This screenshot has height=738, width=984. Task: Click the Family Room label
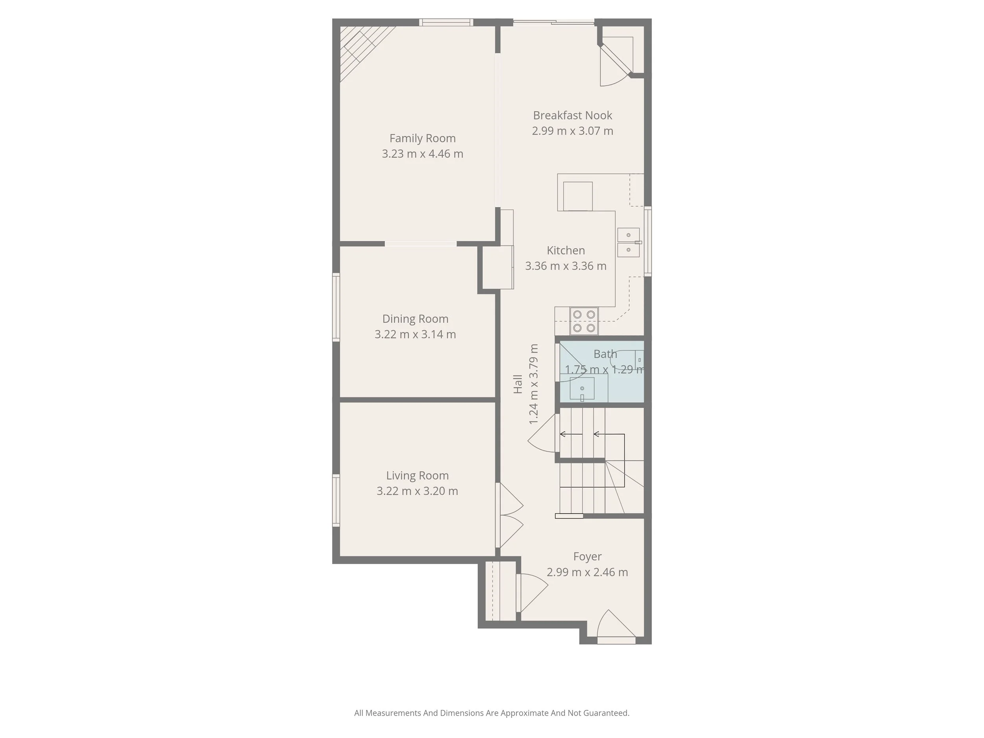[x=422, y=138]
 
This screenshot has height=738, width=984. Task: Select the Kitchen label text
[x=565, y=250]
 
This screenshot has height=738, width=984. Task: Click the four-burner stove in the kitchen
[x=584, y=321]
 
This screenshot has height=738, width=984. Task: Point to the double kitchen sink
[x=628, y=242]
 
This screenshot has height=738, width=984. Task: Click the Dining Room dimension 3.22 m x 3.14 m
[x=415, y=335]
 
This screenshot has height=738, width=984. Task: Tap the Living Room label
[x=417, y=475]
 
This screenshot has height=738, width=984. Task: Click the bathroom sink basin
[x=582, y=389]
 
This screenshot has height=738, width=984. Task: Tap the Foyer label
[x=587, y=557]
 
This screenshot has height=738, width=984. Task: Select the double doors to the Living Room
[x=510, y=515]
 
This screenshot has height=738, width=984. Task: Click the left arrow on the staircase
[x=571, y=434]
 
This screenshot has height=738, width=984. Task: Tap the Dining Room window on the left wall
[x=336, y=307]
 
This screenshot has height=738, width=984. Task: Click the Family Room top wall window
[x=446, y=22]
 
